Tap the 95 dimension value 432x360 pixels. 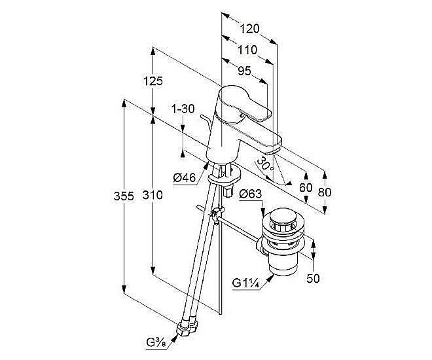click(x=243, y=71)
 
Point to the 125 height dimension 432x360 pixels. click(x=152, y=81)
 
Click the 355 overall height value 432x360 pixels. click(x=123, y=196)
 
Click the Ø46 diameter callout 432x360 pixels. click(x=186, y=176)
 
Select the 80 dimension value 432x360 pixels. click(x=325, y=192)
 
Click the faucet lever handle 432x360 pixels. click(x=245, y=105)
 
